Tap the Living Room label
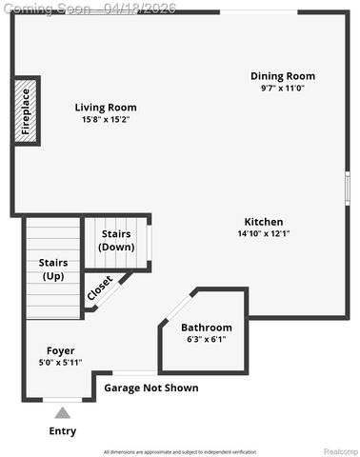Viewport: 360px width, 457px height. (106, 108)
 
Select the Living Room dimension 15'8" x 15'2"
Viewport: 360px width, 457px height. (106, 120)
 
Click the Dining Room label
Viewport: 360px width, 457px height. (283, 76)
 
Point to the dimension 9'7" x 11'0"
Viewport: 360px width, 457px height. (283, 89)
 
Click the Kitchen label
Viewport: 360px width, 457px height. (264, 222)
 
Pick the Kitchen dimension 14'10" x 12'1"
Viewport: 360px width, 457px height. (264, 234)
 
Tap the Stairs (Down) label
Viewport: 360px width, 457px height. (117, 241)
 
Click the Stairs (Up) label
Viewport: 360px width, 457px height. (52, 269)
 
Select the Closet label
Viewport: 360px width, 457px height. (100, 288)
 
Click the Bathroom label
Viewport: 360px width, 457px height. (207, 328)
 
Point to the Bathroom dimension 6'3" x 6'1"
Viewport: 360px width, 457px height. (207, 340)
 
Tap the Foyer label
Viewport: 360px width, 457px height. (60, 350)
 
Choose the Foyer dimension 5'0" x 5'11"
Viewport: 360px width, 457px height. (60, 363)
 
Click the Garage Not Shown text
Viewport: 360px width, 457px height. (151, 388)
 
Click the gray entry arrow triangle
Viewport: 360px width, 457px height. (62, 412)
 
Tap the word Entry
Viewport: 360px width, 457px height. (62, 431)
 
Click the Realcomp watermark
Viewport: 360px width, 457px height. (339, 451)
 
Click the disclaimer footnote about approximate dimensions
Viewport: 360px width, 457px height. (179, 451)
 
